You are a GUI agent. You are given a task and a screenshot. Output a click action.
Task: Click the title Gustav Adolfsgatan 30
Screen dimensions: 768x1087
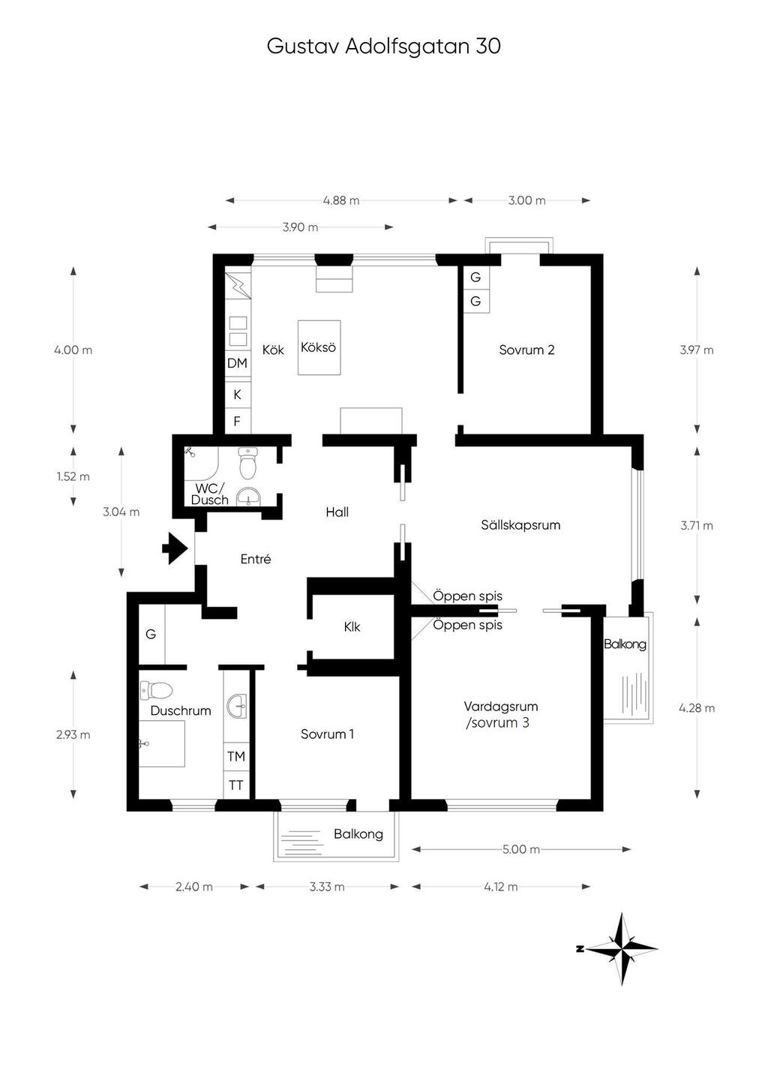click(383, 47)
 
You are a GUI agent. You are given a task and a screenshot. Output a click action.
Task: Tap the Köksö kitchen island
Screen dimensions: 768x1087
click(319, 347)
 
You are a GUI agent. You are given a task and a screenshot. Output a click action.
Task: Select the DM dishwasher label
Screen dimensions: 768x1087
click(237, 363)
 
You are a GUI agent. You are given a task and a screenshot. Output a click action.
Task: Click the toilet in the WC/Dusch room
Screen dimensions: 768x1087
click(248, 463)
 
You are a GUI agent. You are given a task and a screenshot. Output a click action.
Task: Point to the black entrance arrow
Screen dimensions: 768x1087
click(175, 548)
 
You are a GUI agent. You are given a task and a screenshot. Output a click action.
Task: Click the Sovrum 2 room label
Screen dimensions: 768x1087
click(526, 350)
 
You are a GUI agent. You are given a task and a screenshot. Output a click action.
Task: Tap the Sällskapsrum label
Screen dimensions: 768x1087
click(520, 524)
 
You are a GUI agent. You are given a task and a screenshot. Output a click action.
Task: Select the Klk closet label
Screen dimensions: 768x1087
click(352, 627)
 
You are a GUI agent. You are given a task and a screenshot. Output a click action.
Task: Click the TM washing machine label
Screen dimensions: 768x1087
click(236, 756)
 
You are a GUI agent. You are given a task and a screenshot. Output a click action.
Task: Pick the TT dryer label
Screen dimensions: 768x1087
click(235, 785)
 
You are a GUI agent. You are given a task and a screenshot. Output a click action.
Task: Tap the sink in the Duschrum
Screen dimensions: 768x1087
click(237, 706)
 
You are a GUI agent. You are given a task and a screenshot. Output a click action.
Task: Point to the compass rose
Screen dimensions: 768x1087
click(622, 949)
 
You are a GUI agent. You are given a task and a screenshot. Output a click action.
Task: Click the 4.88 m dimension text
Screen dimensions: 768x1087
click(341, 200)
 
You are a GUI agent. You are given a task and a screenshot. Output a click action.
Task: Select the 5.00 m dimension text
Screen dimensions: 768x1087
click(521, 849)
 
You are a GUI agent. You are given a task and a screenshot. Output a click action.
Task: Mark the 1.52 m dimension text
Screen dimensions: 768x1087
click(73, 476)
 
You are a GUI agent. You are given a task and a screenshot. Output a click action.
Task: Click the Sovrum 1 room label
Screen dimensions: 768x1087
click(327, 734)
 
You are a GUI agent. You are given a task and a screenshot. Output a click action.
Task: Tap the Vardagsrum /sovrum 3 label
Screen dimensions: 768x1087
click(500, 714)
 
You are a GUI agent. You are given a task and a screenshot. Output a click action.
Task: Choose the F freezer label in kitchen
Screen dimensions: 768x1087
click(237, 421)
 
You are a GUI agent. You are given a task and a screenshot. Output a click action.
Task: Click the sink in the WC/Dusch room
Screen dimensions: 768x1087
click(249, 497)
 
